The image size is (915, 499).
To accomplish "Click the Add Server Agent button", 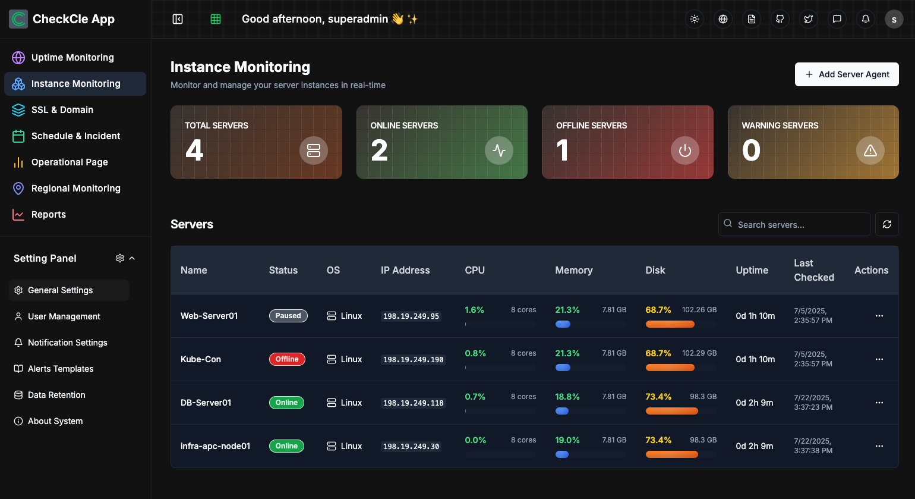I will click(x=847, y=74).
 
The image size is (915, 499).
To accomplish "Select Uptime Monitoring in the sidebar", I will click(x=72, y=58).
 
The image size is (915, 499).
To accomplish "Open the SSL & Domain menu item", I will click(x=62, y=110).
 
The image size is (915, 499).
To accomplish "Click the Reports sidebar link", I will click(x=48, y=215).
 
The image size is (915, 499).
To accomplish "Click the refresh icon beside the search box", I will click(x=886, y=224).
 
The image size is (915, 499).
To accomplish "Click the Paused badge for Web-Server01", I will click(x=288, y=316).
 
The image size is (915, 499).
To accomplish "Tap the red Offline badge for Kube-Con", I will click(x=287, y=359).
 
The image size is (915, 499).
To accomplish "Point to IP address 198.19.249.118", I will click(x=413, y=403).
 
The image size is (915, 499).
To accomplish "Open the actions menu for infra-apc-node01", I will click(x=879, y=446).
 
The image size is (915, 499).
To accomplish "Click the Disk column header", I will click(x=655, y=270).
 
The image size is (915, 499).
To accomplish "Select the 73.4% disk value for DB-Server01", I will click(x=658, y=397).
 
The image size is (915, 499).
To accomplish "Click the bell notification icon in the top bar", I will click(x=865, y=19).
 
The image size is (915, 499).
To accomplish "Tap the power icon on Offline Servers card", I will click(x=684, y=150).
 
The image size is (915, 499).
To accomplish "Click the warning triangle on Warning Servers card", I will click(x=870, y=150).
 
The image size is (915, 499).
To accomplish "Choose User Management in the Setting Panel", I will click(x=64, y=316).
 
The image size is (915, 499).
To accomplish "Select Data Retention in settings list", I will click(x=56, y=395).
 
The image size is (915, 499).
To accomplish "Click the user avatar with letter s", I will click(x=894, y=19).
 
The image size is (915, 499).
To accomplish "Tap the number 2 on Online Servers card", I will click(x=379, y=150).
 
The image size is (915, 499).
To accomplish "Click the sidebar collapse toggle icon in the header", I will click(x=178, y=19).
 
